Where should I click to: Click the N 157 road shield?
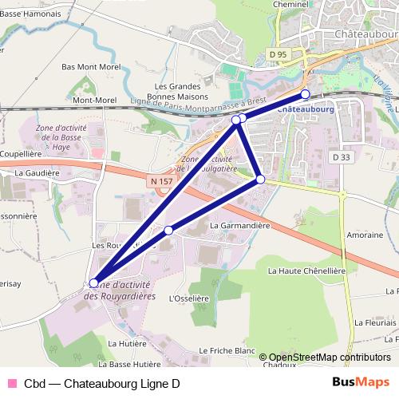160,182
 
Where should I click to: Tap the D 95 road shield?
278,54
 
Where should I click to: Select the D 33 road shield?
342,157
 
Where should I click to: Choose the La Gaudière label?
38,172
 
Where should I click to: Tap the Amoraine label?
365,235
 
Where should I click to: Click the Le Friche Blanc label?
227,350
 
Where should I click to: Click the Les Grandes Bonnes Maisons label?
182,90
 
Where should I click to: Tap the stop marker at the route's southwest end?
94,282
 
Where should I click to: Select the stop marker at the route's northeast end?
305,93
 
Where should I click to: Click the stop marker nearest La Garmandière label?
260,180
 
